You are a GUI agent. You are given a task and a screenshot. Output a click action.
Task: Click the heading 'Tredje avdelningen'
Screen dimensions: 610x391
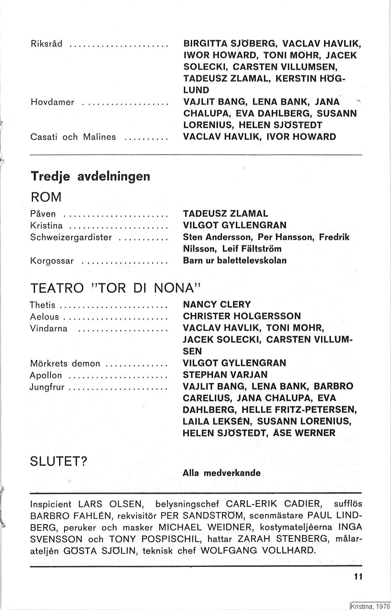click(x=90, y=176)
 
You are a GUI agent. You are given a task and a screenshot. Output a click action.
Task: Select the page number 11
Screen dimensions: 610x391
click(x=358, y=576)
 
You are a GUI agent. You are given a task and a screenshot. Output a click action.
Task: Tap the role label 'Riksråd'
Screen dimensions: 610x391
click(x=46, y=44)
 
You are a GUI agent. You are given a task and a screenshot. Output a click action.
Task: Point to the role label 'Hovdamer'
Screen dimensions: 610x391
click(x=52, y=102)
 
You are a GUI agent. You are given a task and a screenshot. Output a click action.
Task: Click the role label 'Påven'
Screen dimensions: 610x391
click(x=43, y=214)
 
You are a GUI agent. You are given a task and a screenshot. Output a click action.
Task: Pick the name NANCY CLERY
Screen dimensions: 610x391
click(x=217, y=304)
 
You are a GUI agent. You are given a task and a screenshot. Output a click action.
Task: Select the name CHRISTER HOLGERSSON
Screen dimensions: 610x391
click(x=242, y=316)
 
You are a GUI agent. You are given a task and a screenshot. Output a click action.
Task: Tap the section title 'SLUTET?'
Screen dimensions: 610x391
click(x=59, y=462)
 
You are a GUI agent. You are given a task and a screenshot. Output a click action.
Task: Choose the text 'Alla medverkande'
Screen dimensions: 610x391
click(x=222, y=473)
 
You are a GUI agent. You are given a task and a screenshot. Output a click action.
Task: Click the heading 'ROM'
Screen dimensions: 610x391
click(x=46, y=197)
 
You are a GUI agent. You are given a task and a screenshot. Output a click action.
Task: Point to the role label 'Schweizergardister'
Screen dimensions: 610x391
click(x=71, y=237)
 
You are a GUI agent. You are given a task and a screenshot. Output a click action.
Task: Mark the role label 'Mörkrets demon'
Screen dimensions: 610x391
click(x=65, y=363)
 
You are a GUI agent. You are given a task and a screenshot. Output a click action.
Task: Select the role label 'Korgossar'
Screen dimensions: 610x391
click(x=52, y=261)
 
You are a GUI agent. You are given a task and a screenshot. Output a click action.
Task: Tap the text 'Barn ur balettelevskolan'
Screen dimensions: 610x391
click(x=235, y=260)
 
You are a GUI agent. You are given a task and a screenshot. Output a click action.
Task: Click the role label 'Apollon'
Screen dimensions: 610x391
click(x=46, y=375)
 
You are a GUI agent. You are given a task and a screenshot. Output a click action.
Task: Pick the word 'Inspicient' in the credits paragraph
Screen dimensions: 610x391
click(x=51, y=505)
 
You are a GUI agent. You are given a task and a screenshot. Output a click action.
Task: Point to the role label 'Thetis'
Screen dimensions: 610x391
click(x=42, y=305)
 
